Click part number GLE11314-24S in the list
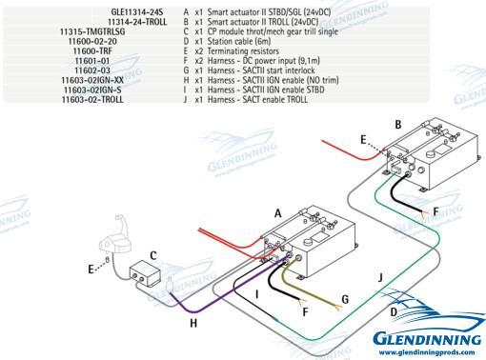pyautogui.click(x=137, y=12)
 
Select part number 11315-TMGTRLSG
pyautogui.click(x=92, y=31)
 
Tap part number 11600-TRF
pyautogui.click(x=92, y=51)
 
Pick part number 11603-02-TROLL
pyautogui.click(x=92, y=100)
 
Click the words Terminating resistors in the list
pyautogui.click(x=243, y=51)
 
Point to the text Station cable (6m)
pyautogui.click(x=239, y=41)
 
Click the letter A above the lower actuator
pyautogui.click(x=278, y=213)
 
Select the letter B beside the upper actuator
pyautogui.click(x=398, y=125)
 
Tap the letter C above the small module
pyautogui.click(x=153, y=255)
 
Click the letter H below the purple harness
pyautogui.click(x=193, y=324)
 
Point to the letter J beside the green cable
pyautogui.click(x=380, y=278)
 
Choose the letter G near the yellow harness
pyautogui.click(x=345, y=299)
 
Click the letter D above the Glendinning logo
pyautogui.click(x=394, y=312)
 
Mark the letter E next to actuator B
pyautogui.click(x=363, y=139)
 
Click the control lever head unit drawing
pyautogui.click(x=115, y=235)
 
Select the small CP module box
pyautogui.click(x=145, y=272)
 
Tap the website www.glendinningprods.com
pyautogui.click(x=427, y=352)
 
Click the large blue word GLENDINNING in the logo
pyautogui.click(x=427, y=338)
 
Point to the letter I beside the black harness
pyautogui.click(x=257, y=295)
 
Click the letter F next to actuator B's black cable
pyautogui.click(x=435, y=211)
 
